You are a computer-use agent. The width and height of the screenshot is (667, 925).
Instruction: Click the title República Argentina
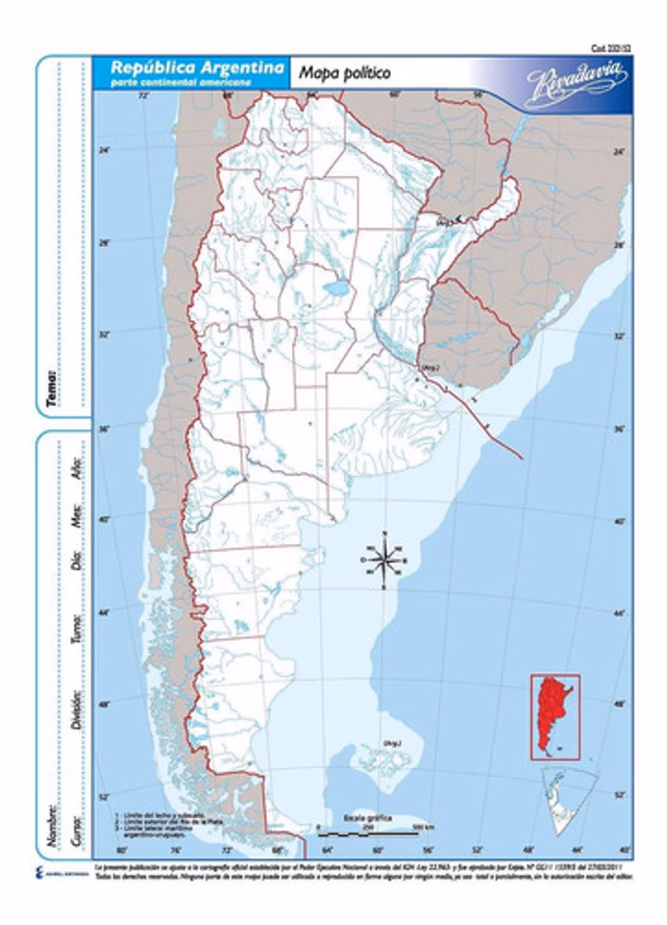[x=196, y=66]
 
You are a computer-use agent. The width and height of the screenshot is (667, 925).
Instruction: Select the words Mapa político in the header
[x=344, y=72]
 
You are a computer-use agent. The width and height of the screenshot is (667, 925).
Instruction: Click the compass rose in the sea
[x=385, y=559]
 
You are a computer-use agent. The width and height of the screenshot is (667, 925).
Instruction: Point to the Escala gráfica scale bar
[x=368, y=832]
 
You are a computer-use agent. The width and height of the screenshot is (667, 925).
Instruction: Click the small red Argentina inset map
[x=554, y=716]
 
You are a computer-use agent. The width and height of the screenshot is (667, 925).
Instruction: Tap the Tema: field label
[x=51, y=388]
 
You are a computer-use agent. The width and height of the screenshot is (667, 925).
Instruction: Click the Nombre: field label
[x=51, y=823]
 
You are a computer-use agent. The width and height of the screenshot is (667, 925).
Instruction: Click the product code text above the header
[x=611, y=48]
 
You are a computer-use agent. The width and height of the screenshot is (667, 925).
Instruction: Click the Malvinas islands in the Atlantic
[x=383, y=759]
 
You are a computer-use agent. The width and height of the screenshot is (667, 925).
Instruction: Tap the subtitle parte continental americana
[x=180, y=82]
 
